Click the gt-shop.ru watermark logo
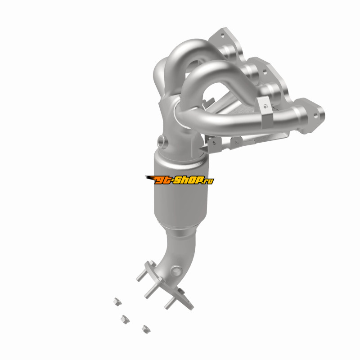point(180,180)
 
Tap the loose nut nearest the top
point(117,301)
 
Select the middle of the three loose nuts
point(125,319)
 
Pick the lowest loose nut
point(146,329)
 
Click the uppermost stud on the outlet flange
point(142,274)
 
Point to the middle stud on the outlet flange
point(151,290)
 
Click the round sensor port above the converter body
point(162,142)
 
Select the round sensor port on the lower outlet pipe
point(176,272)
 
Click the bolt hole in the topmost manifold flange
point(222,36)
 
